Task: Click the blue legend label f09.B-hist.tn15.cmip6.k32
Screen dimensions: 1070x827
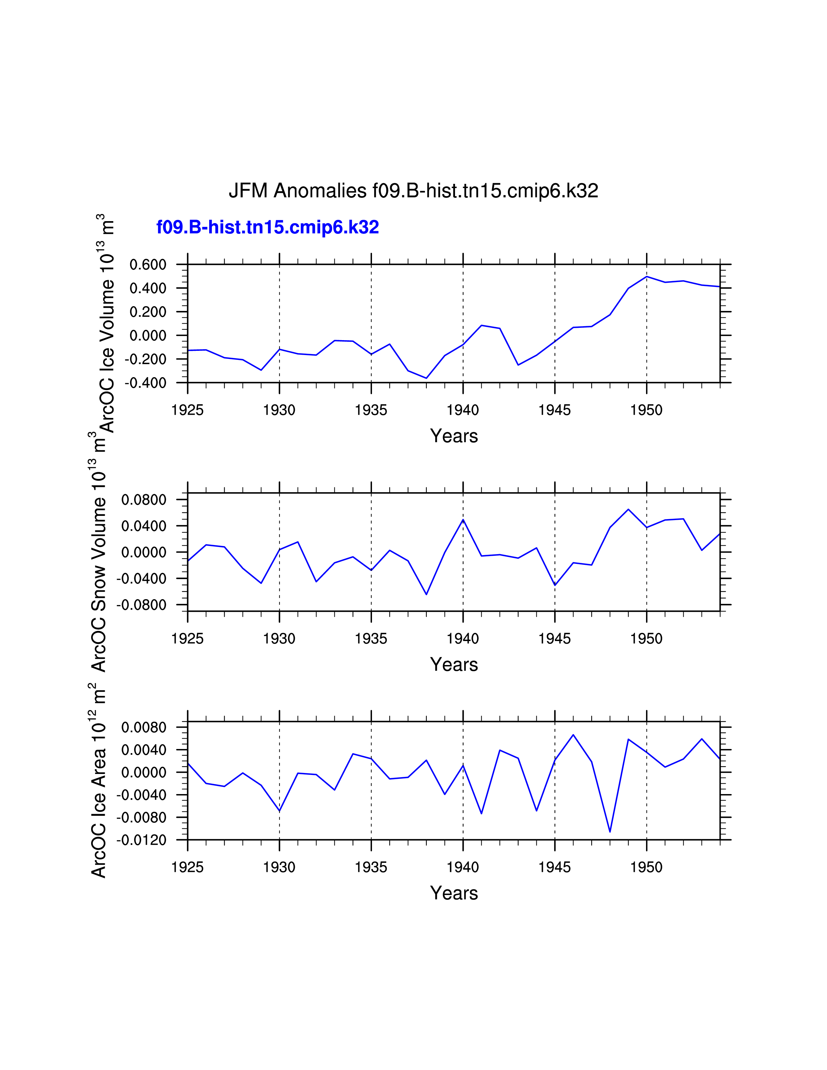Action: point(268,227)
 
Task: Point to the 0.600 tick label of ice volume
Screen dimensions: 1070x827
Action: point(148,265)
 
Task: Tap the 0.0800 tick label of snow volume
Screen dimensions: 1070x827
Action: point(144,500)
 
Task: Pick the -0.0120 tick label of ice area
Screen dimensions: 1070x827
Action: point(141,840)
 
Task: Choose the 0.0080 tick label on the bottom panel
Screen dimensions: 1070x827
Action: point(144,728)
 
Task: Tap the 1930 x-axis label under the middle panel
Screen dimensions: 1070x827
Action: point(279,639)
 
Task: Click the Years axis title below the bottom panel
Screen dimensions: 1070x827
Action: point(454,893)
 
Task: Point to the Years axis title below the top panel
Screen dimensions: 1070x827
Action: point(454,436)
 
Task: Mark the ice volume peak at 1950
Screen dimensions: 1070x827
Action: point(647,277)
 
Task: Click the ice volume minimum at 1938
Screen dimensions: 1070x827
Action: point(426,378)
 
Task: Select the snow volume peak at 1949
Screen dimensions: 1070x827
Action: point(628,509)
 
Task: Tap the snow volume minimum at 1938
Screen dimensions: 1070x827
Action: point(426,594)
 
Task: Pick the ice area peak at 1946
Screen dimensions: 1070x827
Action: point(573,735)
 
